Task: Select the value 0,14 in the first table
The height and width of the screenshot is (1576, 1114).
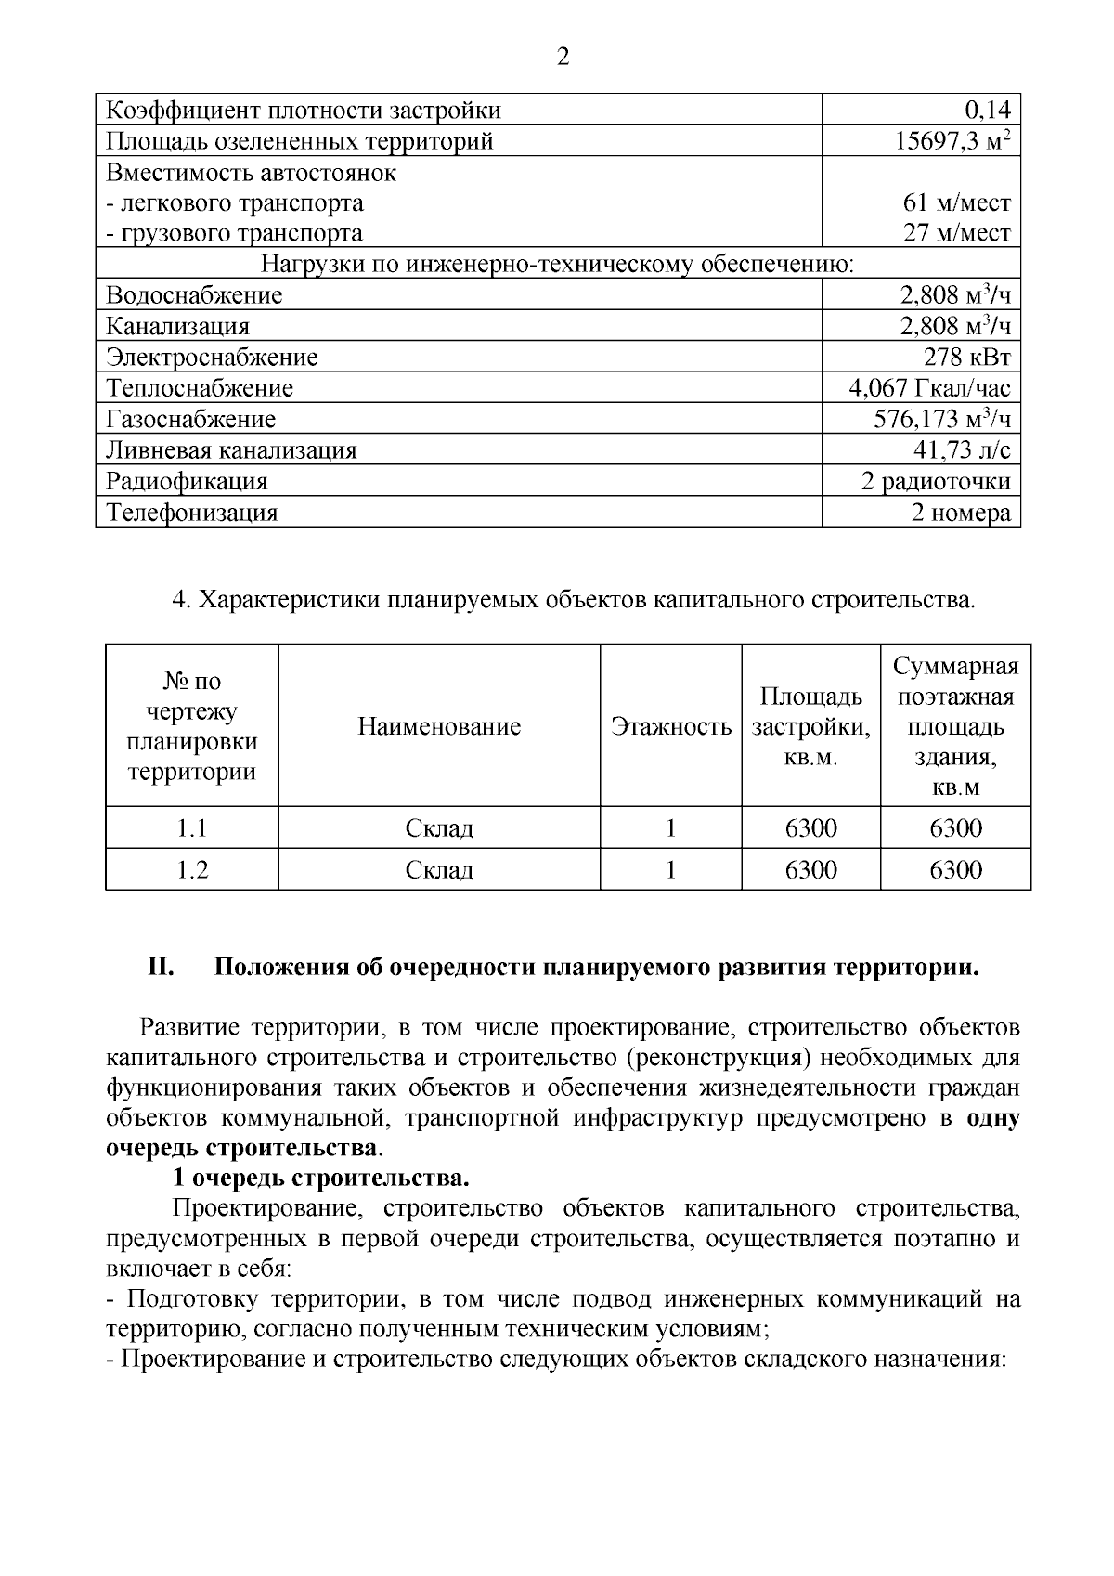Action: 987,111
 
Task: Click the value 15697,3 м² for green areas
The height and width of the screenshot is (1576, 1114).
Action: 952,141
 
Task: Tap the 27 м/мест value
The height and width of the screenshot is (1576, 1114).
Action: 957,232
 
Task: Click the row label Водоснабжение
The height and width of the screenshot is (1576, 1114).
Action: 194,295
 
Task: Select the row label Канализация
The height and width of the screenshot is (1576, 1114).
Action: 177,326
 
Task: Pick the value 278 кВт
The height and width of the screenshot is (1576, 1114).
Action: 966,357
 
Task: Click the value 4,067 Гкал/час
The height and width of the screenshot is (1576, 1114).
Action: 929,387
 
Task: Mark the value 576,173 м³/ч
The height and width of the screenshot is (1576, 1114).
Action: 941,419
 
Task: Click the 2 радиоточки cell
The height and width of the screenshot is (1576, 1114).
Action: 936,481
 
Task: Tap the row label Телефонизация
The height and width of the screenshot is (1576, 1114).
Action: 192,513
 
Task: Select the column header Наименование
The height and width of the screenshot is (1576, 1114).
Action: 439,726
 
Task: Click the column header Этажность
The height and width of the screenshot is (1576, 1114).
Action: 670,726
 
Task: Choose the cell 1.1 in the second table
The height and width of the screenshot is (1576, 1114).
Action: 192,827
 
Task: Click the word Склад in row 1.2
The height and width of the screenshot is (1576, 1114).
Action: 439,870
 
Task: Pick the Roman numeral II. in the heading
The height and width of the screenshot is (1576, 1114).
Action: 162,968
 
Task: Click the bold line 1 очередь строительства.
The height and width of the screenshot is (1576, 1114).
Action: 320,1179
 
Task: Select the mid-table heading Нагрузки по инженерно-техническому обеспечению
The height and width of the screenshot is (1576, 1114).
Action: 557,265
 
